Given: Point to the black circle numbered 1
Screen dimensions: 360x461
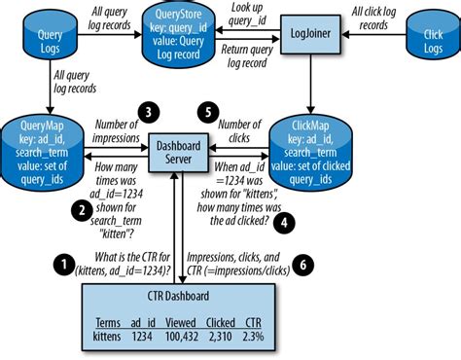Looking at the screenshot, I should tap(63, 262).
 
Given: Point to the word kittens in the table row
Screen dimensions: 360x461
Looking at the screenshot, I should tap(107, 336).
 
